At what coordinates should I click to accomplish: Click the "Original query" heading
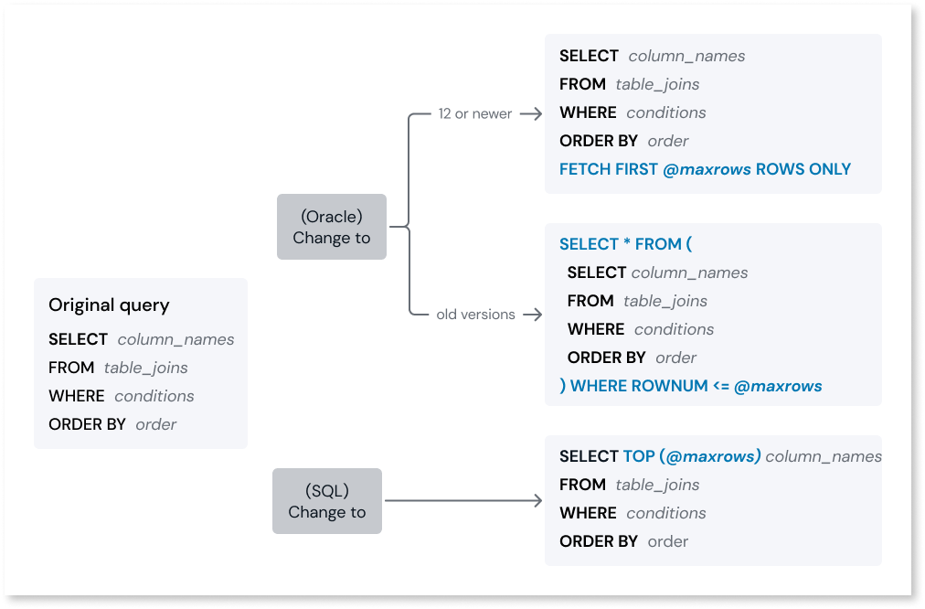pos(109,305)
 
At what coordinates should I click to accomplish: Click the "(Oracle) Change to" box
pos(331,227)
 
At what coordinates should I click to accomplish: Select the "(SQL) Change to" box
pos(326,501)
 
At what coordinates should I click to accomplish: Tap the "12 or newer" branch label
pos(474,113)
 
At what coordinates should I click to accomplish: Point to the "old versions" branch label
pos(475,314)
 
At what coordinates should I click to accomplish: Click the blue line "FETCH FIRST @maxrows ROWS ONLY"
pos(705,169)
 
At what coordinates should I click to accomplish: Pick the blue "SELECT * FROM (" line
pos(625,244)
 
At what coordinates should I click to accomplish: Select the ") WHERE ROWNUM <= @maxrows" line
pos(690,386)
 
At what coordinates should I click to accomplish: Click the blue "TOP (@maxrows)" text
pos(692,456)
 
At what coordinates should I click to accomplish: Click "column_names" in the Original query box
pos(175,339)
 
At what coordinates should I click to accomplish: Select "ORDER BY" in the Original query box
pos(87,424)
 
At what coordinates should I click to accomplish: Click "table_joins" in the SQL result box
pos(657,485)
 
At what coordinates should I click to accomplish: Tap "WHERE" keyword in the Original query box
pos(76,396)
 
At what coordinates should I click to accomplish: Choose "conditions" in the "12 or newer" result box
pos(666,112)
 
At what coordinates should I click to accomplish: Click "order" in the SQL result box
pos(668,541)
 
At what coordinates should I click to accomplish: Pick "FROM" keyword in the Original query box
pos(71,368)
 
